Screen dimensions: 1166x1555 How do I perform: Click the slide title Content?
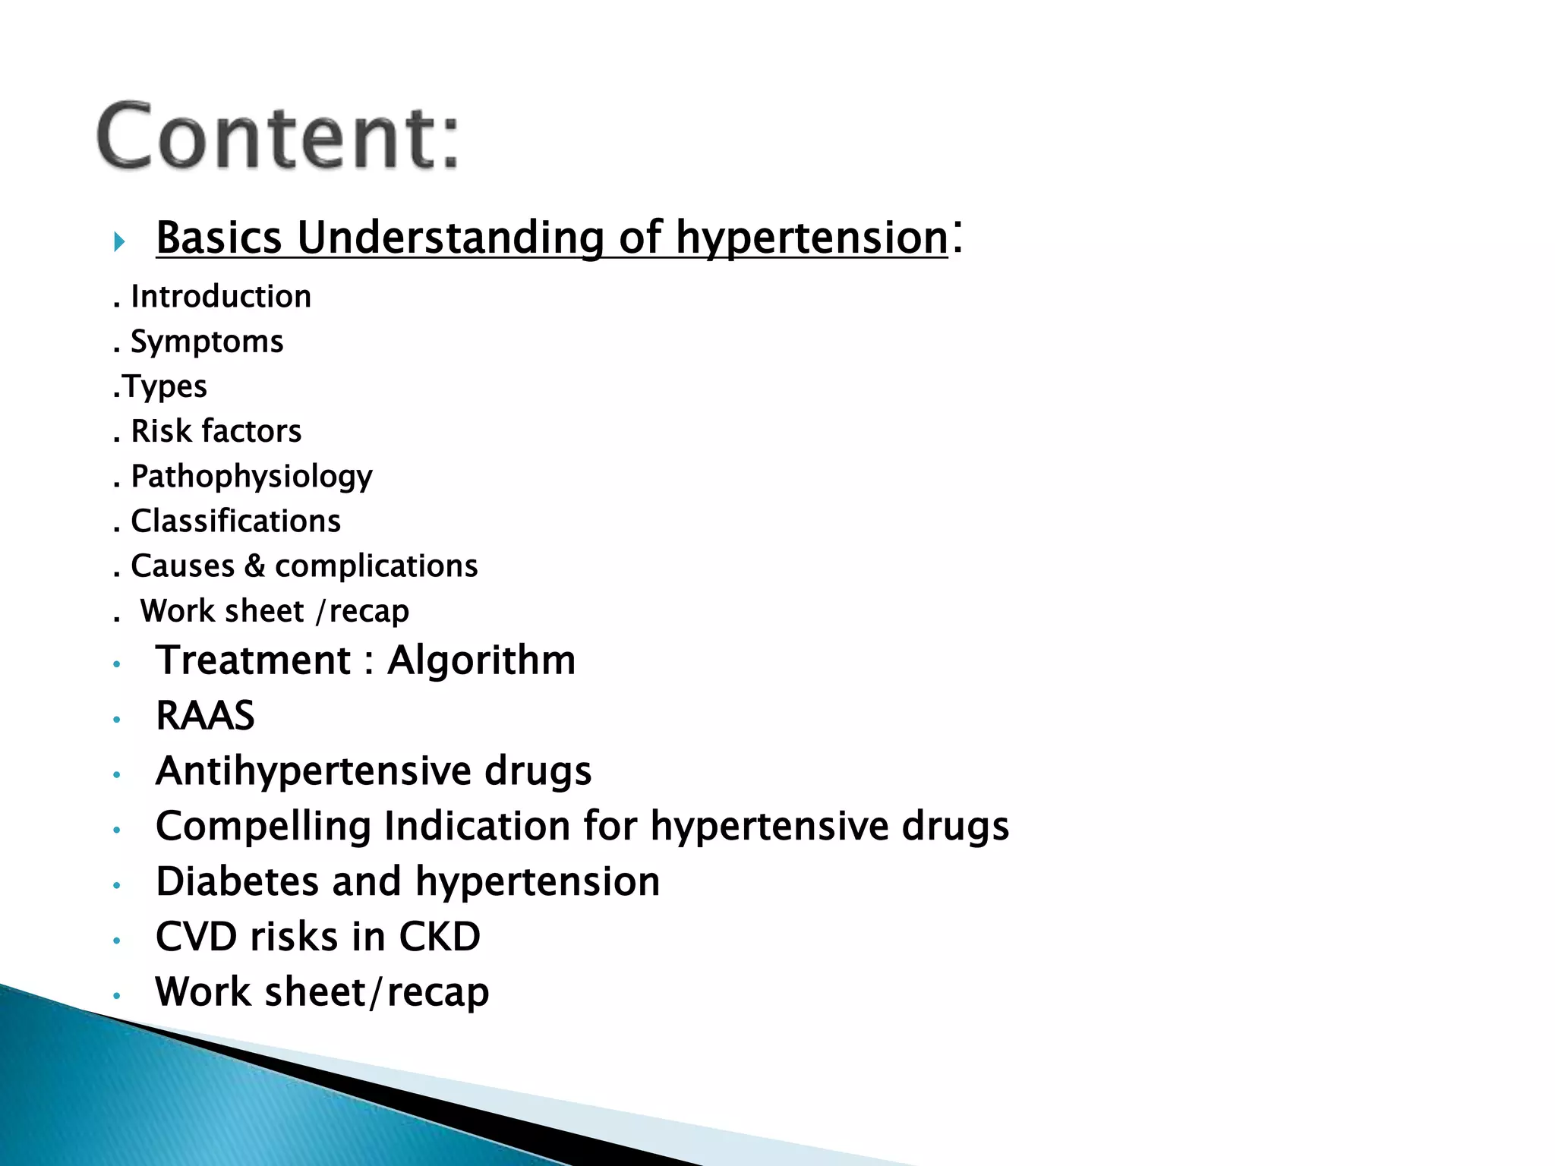tap(279, 137)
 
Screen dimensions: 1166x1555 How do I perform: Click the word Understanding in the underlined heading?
tap(449, 238)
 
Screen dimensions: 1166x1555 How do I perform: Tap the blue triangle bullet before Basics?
tap(119, 242)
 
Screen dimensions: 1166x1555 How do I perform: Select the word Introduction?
tap(221, 297)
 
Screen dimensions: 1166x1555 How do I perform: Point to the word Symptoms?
tap(207, 342)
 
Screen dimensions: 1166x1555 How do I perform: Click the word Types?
tap(165, 386)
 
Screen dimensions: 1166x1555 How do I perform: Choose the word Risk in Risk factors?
tap(160, 431)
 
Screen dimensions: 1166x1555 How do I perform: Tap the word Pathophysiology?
tap(251, 477)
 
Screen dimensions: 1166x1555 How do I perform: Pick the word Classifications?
tap(235, 522)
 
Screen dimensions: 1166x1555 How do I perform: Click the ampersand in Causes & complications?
tap(254, 566)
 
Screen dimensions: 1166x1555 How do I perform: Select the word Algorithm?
tap(481, 660)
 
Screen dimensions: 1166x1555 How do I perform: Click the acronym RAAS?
tap(205, 716)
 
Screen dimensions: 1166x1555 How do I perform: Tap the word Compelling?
tap(263, 827)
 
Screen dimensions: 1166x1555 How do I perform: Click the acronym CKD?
tap(440, 937)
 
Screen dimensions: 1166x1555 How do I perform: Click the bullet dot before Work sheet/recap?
tap(117, 995)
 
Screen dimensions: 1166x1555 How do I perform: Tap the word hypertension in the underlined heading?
tap(812, 238)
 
